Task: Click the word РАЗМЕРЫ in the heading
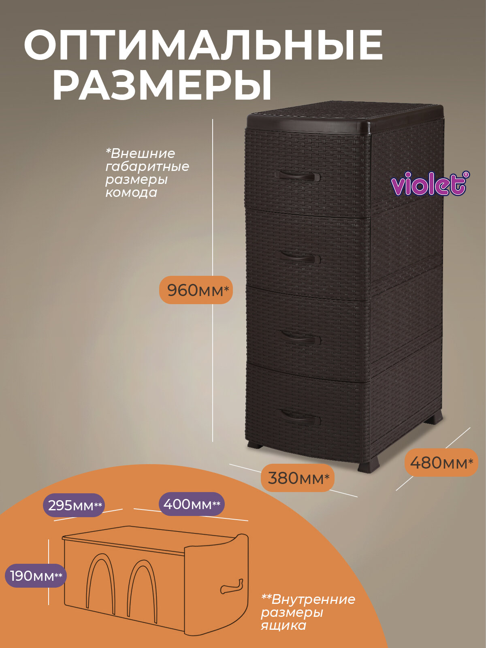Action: tap(162, 85)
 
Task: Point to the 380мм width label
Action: tap(298, 478)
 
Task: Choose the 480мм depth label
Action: tap(441, 463)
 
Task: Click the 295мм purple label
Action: tap(74, 505)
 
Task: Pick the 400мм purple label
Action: tap(191, 504)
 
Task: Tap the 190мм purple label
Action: tap(35, 576)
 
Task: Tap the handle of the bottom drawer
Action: tap(300, 417)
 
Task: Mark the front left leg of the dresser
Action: tap(255, 445)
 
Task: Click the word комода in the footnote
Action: tap(131, 192)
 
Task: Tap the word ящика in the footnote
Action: tap(283, 626)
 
